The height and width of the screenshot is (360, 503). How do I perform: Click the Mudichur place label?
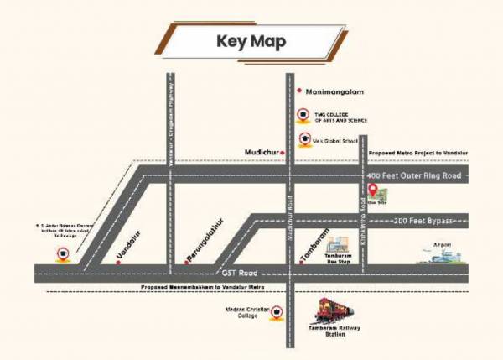click(x=261, y=151)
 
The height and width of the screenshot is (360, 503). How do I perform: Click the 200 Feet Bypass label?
click(x=423, y=221)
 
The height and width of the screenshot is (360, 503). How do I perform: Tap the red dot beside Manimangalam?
click(x=299, y=90)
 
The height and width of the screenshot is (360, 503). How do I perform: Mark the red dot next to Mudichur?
click(x=284, y=151)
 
